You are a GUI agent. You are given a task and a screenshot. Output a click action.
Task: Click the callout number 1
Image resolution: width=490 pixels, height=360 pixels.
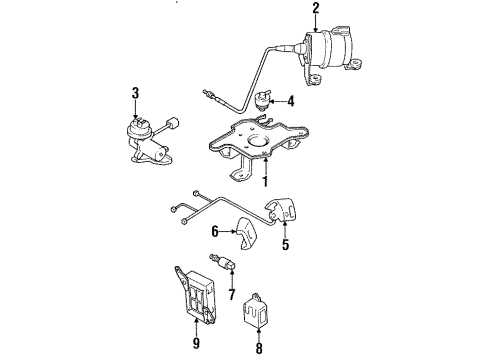click(264, 182)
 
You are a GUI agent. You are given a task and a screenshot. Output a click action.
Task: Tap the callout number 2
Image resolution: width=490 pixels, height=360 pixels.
click(316, 10)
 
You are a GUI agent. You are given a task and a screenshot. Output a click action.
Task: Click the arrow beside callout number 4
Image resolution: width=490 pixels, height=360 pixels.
click(277, 100)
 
